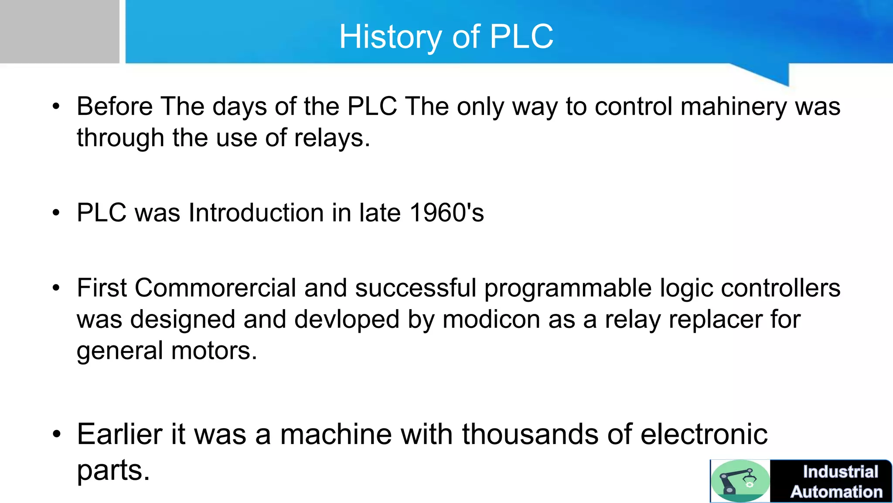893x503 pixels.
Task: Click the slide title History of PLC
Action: pyautogui.click(x=446, y=37)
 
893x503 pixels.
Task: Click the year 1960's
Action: pyautogui.click(x=446, y=213)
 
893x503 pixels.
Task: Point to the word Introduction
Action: pyautogui.click(x=256, y=213)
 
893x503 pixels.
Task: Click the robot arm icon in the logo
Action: pyautogui.click(x=740, y=480)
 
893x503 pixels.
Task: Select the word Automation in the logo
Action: pyautogui.click(x=836, y=492)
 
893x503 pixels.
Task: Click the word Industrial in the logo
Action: pyautogui.click(x=840, y=472)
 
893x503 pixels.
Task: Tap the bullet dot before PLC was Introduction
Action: pyautogui.click(x=56, y=213)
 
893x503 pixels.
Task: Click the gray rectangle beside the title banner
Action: pyautogui.click(x=59, y=31)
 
